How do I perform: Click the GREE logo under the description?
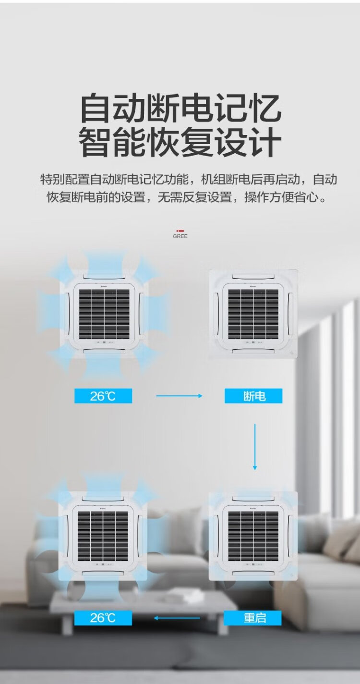180,234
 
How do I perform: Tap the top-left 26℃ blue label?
103,396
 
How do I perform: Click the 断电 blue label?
253,396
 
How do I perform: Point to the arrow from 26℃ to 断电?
180,396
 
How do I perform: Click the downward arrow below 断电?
255,447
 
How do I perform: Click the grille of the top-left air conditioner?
104,314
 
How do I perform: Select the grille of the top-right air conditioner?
253,314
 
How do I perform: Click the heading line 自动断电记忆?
180,108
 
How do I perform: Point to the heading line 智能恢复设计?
180,142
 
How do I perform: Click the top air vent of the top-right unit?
253,276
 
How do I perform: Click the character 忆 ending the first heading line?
264,108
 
